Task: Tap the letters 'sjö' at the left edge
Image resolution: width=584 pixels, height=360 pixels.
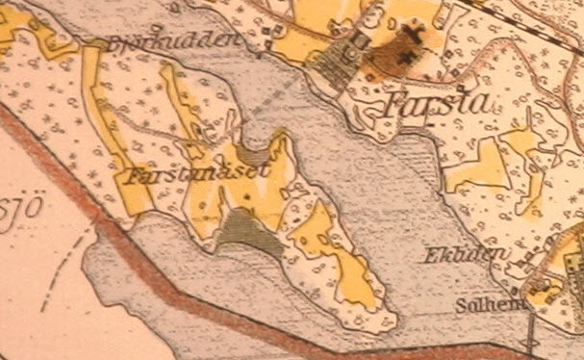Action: click(12, 211)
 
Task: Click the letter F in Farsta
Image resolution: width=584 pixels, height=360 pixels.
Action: click(392, 105)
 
